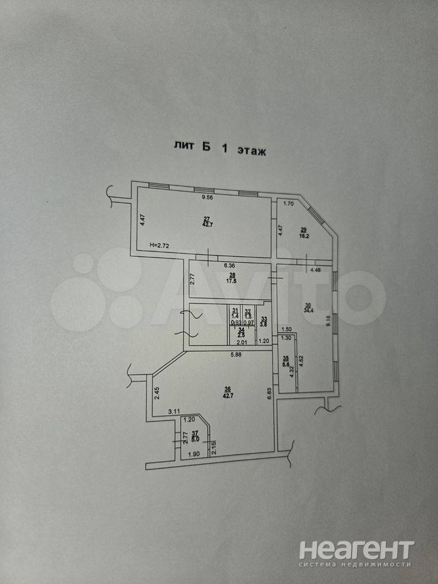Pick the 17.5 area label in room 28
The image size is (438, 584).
[232, 281]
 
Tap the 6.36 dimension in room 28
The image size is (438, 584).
[229, 266]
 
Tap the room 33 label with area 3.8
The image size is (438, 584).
[264, 321]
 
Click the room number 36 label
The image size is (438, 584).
[228, 390]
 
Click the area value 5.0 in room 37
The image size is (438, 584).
[195, 436]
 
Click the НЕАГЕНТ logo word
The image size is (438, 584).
[356, 549]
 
